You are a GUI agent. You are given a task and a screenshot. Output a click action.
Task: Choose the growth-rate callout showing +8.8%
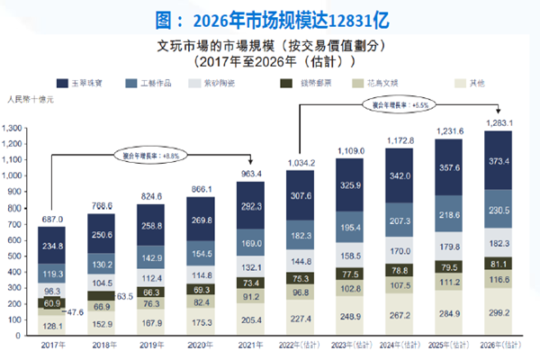[x=151, y=155]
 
